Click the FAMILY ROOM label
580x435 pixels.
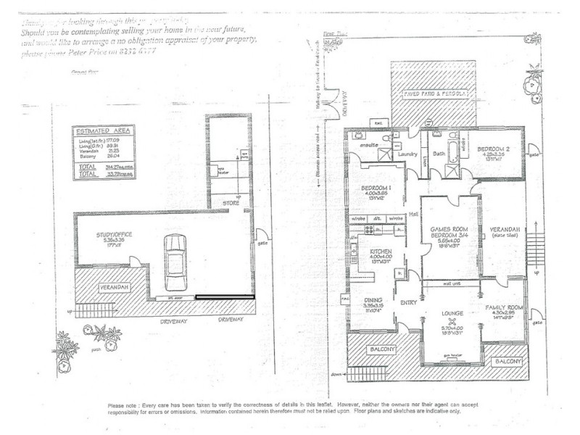502,307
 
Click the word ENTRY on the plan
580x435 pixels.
408,302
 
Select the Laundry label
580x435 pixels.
406,154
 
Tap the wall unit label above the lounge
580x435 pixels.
453,283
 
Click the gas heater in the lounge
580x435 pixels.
452,355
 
